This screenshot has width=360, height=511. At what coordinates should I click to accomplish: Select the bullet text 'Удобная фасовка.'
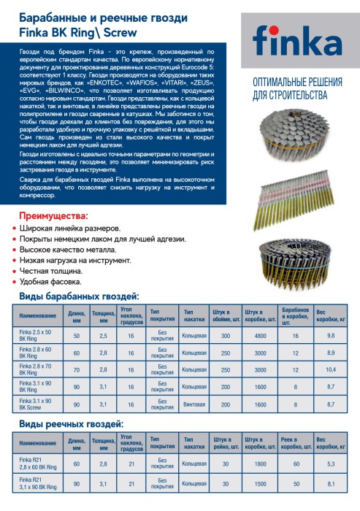click(x=50, y=281)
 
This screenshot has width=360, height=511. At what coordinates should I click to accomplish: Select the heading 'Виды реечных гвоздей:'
click(x=71, y=424)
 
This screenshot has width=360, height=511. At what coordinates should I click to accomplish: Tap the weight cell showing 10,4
click(x=331, y=369)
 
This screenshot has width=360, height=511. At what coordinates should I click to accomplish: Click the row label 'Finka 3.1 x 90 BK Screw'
click(x=37, y=403)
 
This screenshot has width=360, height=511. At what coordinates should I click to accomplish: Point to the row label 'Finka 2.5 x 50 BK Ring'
click(x=37, y=335)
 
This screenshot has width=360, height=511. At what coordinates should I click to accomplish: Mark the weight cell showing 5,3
click(x=331, y=464)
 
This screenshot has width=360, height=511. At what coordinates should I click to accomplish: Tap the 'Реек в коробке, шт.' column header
click(x=295, y=443)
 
